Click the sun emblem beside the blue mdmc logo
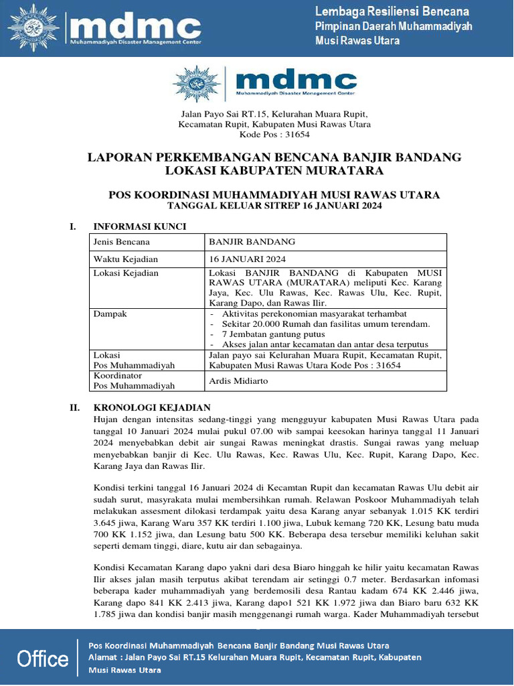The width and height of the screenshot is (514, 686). pos(197,83)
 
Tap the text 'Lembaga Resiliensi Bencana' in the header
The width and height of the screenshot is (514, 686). pos(392,12)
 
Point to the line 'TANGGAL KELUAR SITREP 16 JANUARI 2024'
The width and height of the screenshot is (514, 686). pos(274,206)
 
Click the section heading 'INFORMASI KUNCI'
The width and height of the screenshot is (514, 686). pos(139,226)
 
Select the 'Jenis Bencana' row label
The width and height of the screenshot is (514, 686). pos(121,242)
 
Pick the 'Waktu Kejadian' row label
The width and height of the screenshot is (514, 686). pos(125,259)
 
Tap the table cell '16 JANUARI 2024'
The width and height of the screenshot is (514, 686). pos(248,259)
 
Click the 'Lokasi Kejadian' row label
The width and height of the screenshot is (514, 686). pos(126,273)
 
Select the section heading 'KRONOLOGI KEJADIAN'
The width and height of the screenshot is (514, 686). pos(152,407)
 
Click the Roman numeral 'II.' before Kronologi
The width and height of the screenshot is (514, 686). pos(76,407)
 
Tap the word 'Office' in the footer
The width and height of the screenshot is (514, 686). pos(43,659)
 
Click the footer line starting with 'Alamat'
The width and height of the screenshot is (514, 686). pos(255,657)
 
